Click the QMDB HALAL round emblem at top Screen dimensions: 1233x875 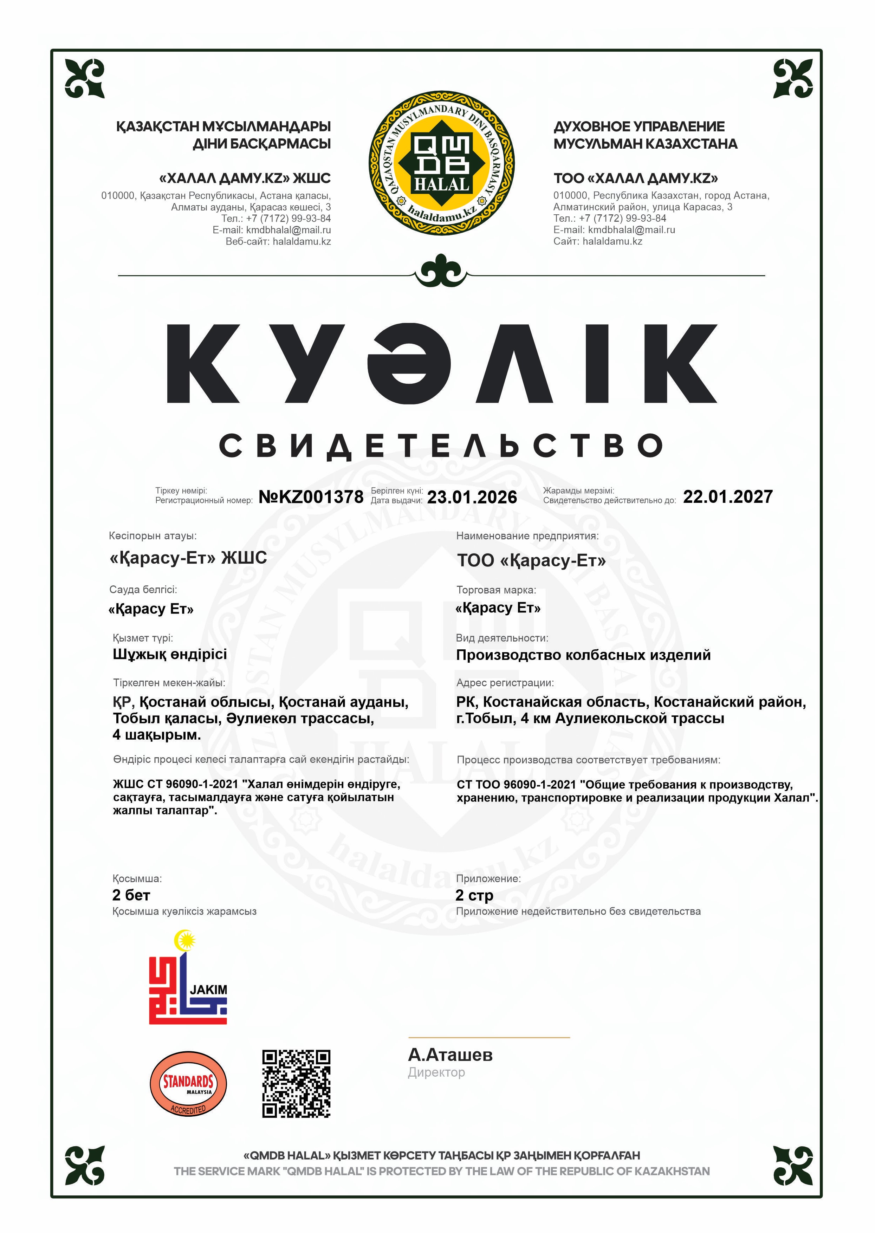[x=441, y=163]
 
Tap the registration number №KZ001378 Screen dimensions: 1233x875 [x=311, y=497]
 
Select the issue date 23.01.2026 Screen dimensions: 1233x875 [x=472, y=497]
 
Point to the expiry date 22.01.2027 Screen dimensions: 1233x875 [x=727, y=496]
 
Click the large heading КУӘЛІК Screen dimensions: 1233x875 [x=441, y=364]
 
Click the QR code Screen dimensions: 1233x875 [x=296, y=1084]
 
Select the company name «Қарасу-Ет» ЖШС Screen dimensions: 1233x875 [x=188, y=558]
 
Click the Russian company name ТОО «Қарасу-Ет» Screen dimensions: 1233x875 [x=531, y=561]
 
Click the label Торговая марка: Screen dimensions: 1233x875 [x=496, y=590]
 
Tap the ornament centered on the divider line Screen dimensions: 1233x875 [x=441, y=273]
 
